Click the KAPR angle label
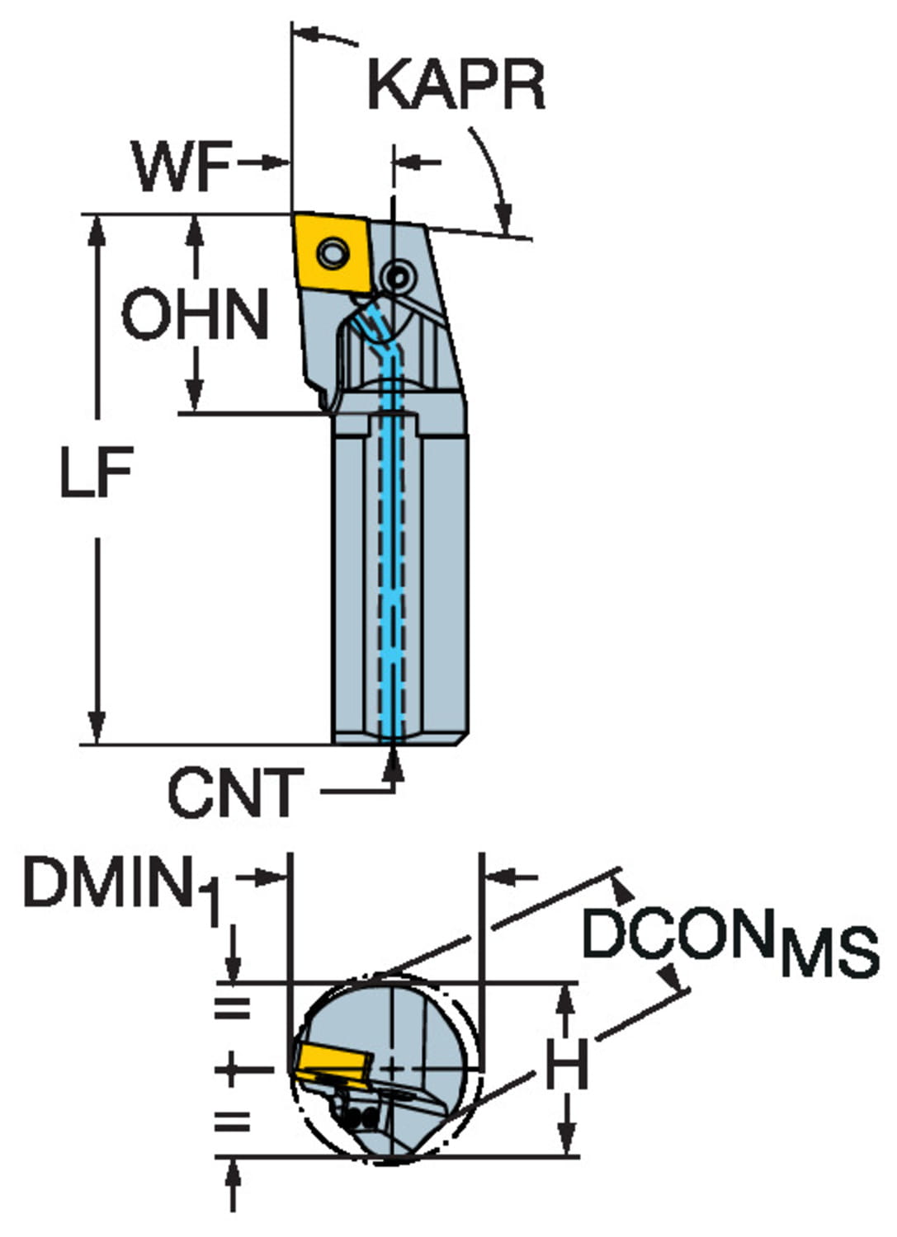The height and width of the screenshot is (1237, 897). (456, 85)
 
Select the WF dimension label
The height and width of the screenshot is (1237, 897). (182, 166)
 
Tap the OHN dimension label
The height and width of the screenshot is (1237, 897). (195, 313)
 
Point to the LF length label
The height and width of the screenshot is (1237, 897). (97, 472)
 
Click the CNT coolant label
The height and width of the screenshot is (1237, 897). (235, 792)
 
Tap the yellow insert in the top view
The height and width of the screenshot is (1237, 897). (332, 253)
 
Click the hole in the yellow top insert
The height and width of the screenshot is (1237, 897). (333, 253)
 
